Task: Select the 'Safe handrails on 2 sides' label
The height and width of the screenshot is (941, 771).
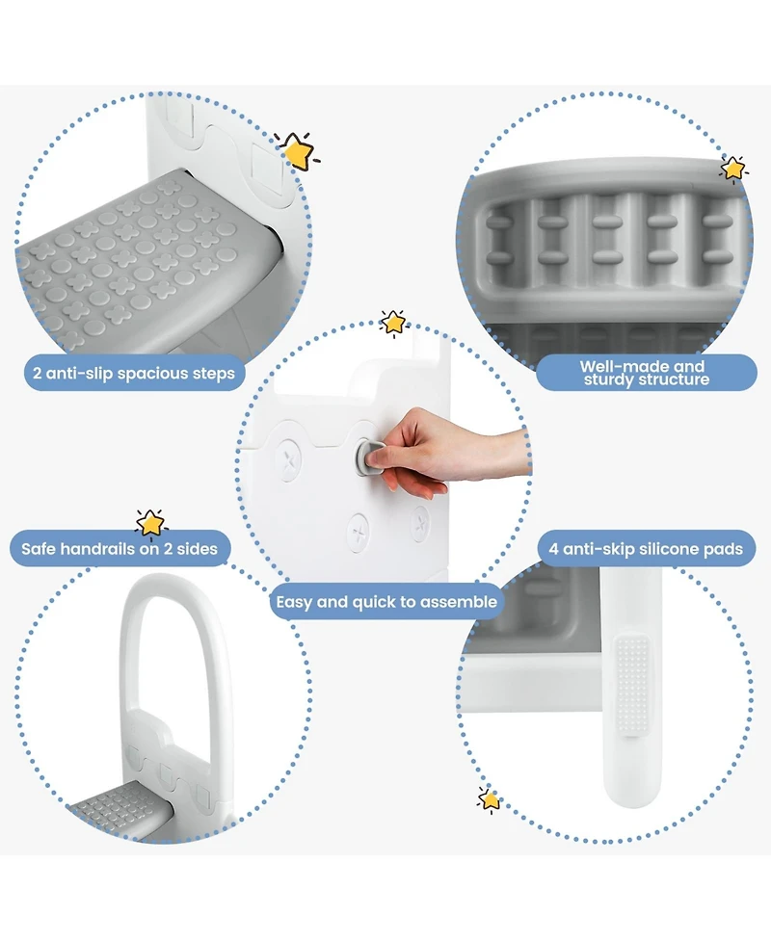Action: click(120, 549)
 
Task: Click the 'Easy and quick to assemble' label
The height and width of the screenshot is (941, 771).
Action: click(386, 602)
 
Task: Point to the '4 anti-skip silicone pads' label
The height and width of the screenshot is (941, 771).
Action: click(647, 549)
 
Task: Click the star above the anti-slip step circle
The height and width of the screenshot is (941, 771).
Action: click(296, 151)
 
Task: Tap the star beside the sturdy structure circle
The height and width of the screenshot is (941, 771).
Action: click(733, 169)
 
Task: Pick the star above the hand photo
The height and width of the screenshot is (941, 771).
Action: click(393, 323)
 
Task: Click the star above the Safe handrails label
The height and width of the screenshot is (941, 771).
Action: click(150, 522)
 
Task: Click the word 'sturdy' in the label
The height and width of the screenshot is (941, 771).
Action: click(609, 379)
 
